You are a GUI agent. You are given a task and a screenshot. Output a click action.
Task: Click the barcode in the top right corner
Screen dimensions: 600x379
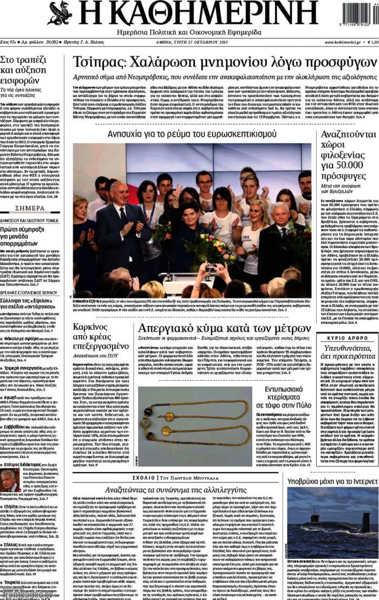(x=355, y=16)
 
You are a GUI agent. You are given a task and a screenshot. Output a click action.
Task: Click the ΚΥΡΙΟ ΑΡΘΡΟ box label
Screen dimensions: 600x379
(x=351, y=338)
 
